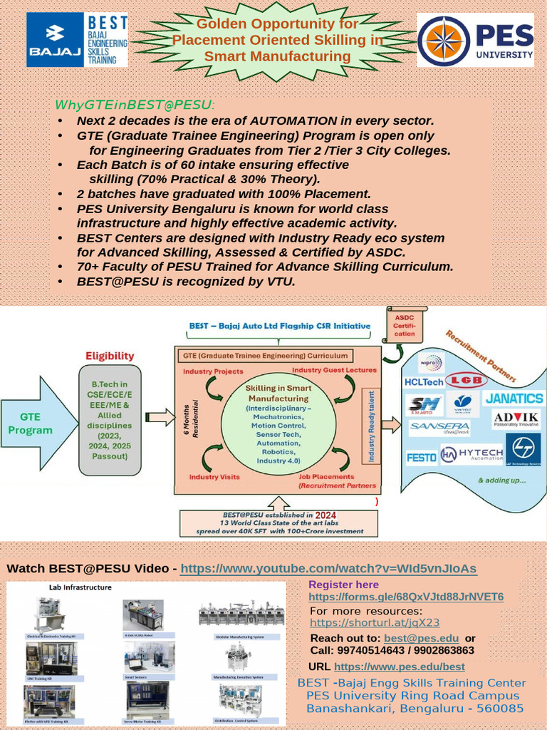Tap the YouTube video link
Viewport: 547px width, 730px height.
[x=328, y=568]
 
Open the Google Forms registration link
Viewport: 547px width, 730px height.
[x=406, y=597]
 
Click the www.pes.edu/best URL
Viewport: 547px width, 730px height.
[x=399, y=667]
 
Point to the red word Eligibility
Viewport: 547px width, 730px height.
[x=110, y=356]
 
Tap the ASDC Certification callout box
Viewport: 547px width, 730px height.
[x=404, y=326]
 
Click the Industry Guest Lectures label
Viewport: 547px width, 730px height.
[x=333, y=370]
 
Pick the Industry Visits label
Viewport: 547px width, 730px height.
[x=214, y=476]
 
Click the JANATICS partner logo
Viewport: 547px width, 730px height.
[x=514, y=399]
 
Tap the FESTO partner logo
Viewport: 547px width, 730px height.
[x=422, y=457]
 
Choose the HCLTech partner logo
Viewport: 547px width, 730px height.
[x=423, y=382]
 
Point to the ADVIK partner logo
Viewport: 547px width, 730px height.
[x=516, y=418]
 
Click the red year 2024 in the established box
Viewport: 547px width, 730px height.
[x=325, y=514]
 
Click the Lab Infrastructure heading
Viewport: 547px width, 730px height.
[x=80, y=587]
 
